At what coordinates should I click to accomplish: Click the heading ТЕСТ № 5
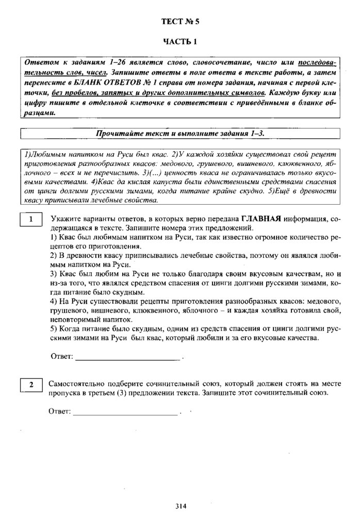(180, 22)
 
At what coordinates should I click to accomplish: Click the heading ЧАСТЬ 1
(180, 42)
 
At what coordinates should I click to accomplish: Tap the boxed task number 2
(31, 385)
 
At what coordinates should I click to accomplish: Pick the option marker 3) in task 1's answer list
(54, 274)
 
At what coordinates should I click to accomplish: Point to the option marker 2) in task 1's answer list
(54, 256)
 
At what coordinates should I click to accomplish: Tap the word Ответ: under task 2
(59, 412)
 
